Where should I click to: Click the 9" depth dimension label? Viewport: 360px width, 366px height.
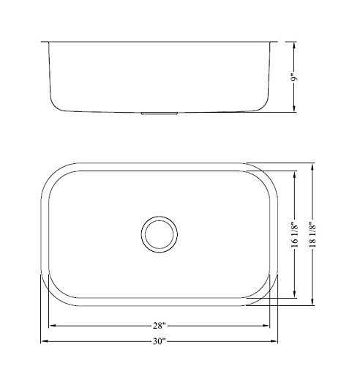(295, 78)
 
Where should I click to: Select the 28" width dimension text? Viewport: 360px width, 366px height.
(160, 326)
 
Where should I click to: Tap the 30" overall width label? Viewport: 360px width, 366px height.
(160, 341)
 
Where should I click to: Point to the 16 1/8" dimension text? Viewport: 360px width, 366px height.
(295, 234)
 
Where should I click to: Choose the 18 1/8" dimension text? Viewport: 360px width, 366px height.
(312, 234)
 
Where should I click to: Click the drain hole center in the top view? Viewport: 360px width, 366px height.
(160, 234)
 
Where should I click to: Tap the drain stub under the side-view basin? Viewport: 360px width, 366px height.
(160, 113)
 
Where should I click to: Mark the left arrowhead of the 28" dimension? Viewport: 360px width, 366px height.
(53, 326)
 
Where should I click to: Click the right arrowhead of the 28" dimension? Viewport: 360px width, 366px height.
(266, 326)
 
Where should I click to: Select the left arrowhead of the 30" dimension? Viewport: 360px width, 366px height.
(44, 341)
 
